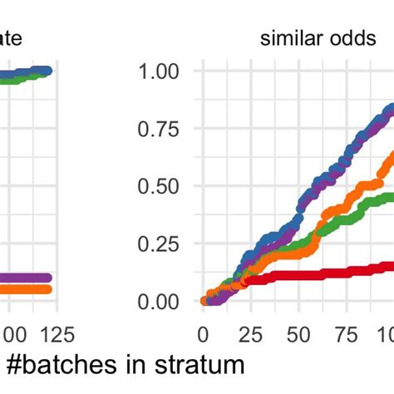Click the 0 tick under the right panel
pyautogui.click(x=203, y=334)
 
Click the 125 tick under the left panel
pyautogui.click(x=57, y=334)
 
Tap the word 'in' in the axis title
pyautogui.click(x=129, y=366)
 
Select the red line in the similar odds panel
pyautogui.click(x=332, y=271)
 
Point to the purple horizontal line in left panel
pyautogui.click(x=25, y=278)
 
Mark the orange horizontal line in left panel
pyautogui.click(x=25, y=288)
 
